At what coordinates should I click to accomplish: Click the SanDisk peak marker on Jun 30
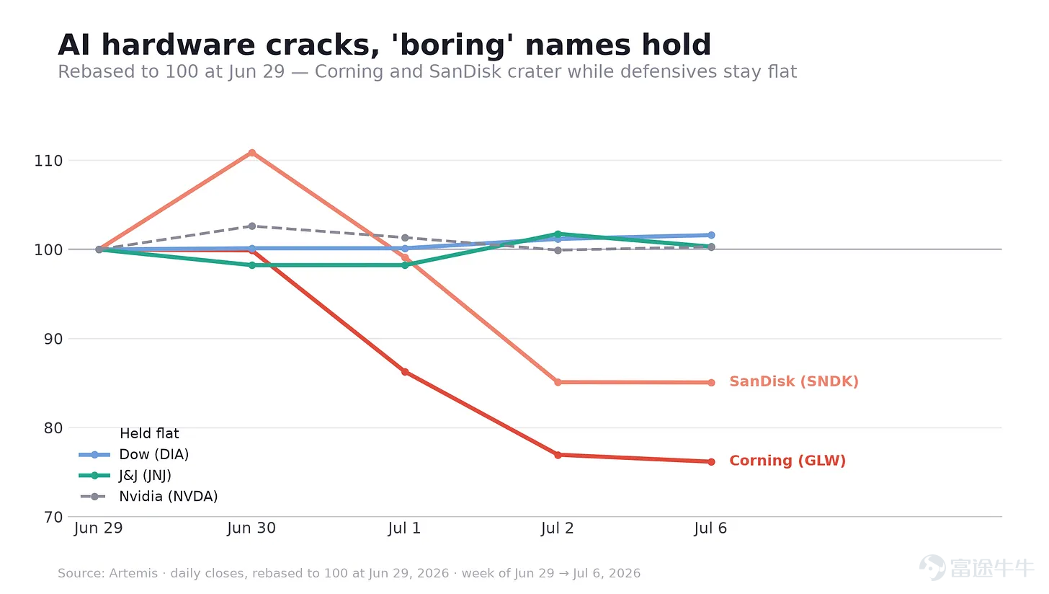pos(252,153)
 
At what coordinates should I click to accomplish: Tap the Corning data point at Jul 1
pos(405,372)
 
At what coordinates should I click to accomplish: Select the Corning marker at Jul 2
pos(558,455)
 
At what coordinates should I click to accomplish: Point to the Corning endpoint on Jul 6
pos(711,462)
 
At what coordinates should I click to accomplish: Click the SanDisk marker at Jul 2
pos(558,382)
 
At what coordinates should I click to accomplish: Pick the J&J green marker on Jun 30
pos(252,265)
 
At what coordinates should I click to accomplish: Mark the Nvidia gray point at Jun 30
pos(252,226)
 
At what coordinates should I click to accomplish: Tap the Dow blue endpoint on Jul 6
pos(711,235)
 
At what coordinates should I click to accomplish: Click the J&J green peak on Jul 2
pos(558,234)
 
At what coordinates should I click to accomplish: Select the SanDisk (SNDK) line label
pos(794,381)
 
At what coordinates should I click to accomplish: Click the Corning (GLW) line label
pos(787,461)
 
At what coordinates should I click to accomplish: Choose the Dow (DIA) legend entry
pos(134,454)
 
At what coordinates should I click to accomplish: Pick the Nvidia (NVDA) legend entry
pos(148,497)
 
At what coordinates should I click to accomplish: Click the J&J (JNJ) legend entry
pos(125,476)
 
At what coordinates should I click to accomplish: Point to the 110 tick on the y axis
pos(48,161)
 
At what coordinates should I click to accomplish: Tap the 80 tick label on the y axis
pos(53,428)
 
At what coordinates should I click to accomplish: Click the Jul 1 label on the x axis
pos(405,528)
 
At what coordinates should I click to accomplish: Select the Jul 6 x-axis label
pos(710,528)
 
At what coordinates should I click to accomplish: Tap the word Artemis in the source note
pos(133,573)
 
